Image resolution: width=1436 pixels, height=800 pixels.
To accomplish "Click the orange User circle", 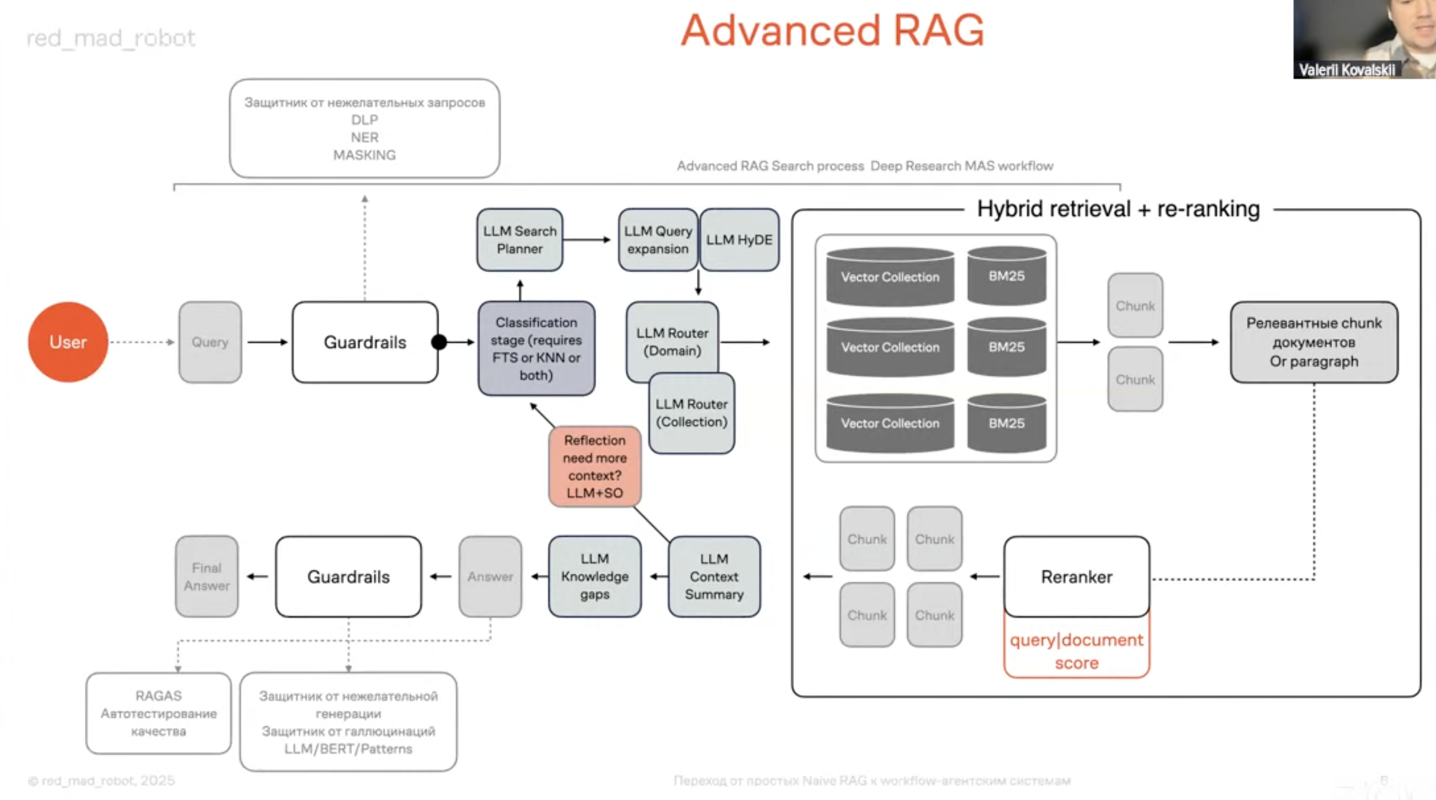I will [x=68, y=342].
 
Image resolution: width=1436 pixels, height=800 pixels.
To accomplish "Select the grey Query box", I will [x=210, y=342].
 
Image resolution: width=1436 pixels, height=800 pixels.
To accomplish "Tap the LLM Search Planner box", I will [x=520, y=240].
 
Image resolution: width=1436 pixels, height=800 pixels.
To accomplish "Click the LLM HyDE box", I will [x=739, y=240].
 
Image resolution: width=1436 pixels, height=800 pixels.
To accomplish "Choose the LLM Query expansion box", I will [x=658, y=240].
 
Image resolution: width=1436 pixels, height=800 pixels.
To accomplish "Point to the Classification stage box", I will [x=536, y=348].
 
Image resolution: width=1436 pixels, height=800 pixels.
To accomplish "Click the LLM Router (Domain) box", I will [x=672, y=338].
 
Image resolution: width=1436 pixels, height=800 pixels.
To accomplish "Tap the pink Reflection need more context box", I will [x=595, y=467].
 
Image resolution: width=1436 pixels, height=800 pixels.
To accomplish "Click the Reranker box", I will [x=1077, y=577].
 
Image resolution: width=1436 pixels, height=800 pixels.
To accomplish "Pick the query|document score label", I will [x=1077, y=651].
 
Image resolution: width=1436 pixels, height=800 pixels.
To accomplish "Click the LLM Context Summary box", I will [x=714, y=577].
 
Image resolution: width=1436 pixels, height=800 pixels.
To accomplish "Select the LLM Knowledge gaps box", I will [x=595, y=577].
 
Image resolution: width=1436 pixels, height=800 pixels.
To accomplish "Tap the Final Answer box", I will [x=207, y=577].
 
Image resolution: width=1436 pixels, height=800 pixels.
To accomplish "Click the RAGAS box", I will [x=159, y=714].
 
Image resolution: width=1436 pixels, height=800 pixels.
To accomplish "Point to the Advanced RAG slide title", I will [x=833, y=30].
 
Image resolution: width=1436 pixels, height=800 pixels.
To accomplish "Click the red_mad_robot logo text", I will [x=111, y=38].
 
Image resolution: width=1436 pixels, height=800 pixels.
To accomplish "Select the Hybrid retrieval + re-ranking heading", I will [x=1118, y=209].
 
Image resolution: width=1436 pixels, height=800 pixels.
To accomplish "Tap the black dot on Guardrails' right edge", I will [x=439, y=342].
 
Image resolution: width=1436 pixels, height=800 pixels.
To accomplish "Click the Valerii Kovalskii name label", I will [x=1347, y=70].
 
